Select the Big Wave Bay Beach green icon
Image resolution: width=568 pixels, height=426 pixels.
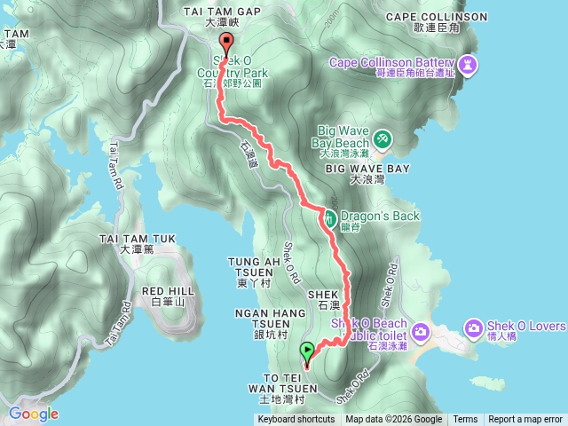(x=383, y=138)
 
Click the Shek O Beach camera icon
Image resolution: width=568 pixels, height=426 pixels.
(x=420, y=332)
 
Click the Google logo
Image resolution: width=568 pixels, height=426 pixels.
(x=33, y=414)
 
